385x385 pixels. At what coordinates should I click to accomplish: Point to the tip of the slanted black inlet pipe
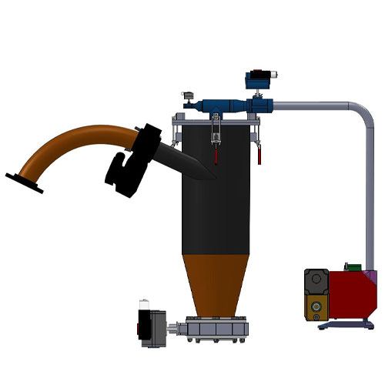pyautogui.click(x=209, y=176)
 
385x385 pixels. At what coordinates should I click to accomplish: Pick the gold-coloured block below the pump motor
pyautogui.click(x=315, y=310)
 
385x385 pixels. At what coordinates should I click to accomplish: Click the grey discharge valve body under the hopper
pyautogui.click(x=219, y=330)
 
